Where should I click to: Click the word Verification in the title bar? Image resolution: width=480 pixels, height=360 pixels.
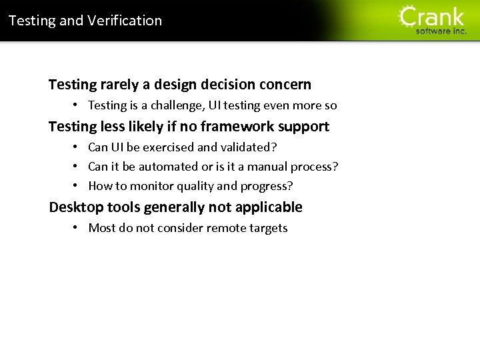click(130, 21)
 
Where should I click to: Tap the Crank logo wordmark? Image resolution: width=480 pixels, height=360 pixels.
click(432, 17)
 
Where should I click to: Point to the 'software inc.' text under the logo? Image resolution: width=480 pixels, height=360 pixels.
click(441, 31)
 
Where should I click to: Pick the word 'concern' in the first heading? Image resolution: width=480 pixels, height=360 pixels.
click(285, 85)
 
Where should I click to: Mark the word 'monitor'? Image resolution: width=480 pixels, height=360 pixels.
click(151, 186)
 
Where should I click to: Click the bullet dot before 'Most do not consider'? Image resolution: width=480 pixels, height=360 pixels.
click(77, 228)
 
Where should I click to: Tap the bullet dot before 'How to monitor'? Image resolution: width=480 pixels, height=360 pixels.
click(77, 186)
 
